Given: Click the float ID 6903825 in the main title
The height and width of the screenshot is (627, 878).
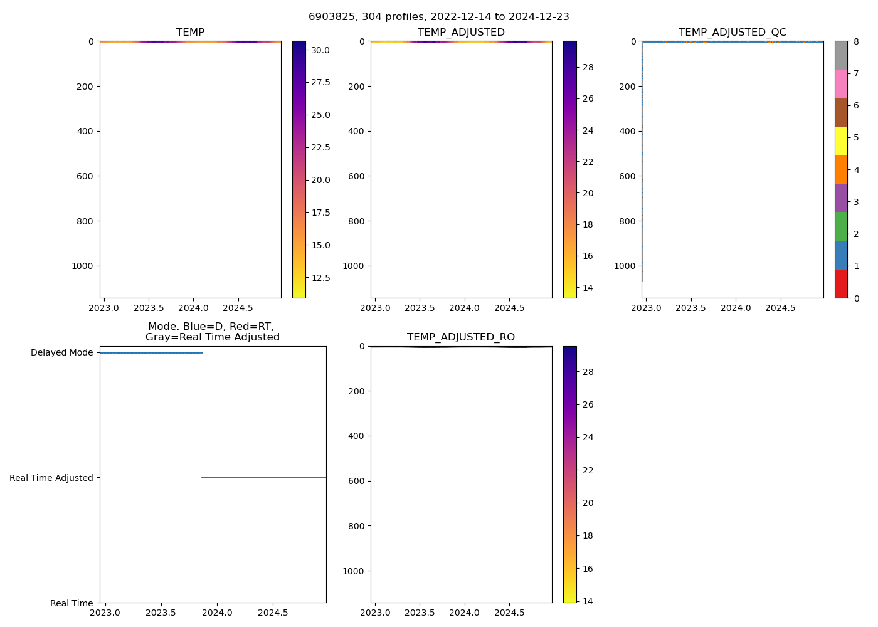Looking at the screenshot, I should [328, 17].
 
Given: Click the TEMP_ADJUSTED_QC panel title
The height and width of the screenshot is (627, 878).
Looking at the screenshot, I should [732, 33].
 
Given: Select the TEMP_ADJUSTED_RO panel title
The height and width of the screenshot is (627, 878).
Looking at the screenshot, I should [461, 337].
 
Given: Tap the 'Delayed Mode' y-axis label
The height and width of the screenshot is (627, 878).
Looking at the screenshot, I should [61, 353].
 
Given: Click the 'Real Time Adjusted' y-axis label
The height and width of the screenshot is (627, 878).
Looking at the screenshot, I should [51, 478].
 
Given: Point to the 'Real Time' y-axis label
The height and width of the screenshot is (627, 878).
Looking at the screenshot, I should [71, 603].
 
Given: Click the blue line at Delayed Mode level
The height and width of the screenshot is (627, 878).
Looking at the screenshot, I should [151, 352].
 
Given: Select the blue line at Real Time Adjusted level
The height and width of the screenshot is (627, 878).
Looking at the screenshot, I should [263, 477].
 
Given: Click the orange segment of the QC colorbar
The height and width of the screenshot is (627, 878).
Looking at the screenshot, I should [841, 169].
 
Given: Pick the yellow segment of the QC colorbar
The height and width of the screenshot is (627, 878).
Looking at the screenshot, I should [841, 140].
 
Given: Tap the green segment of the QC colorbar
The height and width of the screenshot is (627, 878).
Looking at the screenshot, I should [841, 226].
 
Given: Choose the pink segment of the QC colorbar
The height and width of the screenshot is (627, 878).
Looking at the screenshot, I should [841, 83].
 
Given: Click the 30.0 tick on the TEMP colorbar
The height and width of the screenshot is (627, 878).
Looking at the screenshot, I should [320, 50].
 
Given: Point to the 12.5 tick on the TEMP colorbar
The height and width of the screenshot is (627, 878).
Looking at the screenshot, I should [321, 278].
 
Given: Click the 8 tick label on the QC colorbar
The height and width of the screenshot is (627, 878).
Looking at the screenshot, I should [857, 41].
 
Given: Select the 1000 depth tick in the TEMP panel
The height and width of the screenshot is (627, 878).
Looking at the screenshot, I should [83, 266].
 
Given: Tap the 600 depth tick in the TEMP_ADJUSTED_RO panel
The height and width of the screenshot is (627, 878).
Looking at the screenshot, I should [356, 481].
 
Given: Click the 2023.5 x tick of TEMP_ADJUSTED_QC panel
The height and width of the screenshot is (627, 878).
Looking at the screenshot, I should [691, 308].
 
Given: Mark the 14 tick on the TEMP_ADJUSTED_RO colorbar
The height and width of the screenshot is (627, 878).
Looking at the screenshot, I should [588, 601].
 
